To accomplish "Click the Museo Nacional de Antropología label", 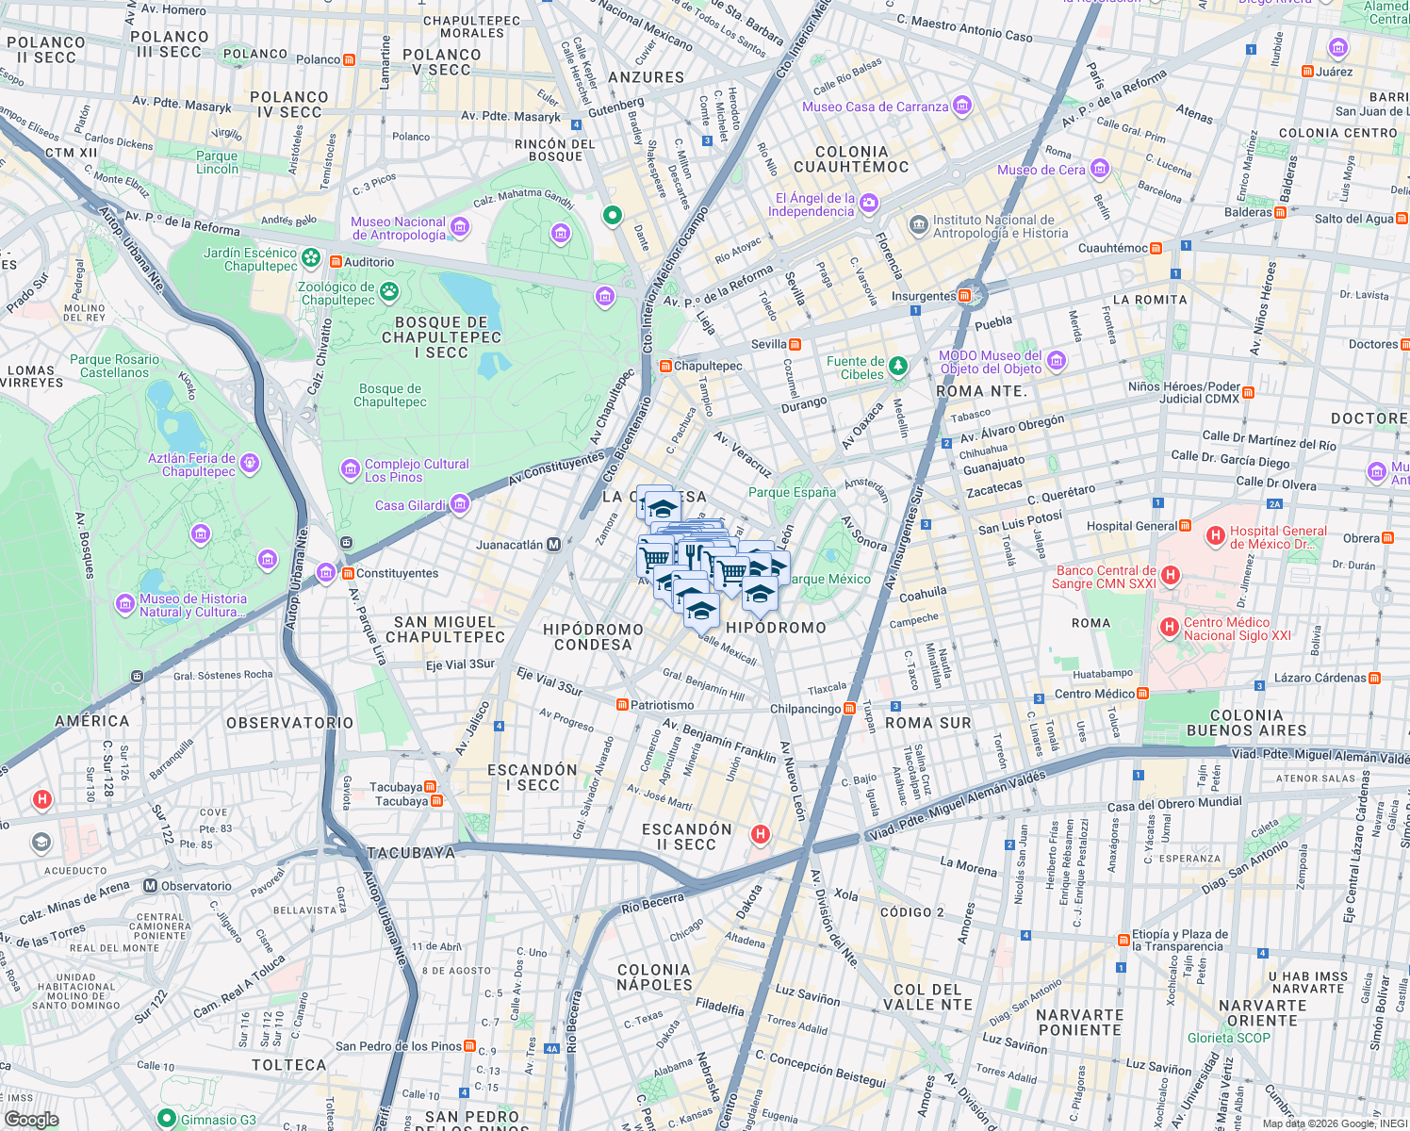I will click(x=398, y=229).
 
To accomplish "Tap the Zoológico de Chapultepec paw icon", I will click(x=388, y=293).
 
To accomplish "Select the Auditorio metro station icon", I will click(x=335, y=262).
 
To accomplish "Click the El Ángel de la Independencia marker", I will click(x=869, y=203).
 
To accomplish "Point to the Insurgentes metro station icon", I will click(x=964, y=296).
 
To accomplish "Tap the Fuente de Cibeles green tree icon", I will click(x=898, y=365).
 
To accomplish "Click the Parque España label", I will click(x=792, y=492).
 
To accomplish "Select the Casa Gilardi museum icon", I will click(x=460, y=504).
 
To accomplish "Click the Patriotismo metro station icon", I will click(x=622, y=705).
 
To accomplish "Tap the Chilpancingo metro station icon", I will click(x=849, y=709).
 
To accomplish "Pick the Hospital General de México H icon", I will click(x=1216, y=537).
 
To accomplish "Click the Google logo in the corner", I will click(x=31, y=1119).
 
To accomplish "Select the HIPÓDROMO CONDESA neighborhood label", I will click(x=593, y=637).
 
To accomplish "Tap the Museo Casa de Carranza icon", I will click(x=962, y=106).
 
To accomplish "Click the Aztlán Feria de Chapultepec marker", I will click(x=249, y=462).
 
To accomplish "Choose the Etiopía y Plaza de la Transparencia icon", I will click(x=1123, y=940).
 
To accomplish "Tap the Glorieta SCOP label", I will click(x=1228, y=1038).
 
